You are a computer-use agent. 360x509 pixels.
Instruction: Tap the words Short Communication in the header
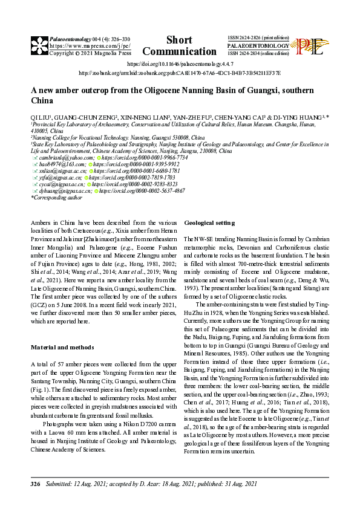(x=179, y=46)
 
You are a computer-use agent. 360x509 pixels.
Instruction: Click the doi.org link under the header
(x=179, y=63)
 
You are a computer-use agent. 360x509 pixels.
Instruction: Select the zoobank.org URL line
(x=179, y=73)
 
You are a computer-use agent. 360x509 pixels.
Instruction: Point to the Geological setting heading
(x=209, y=223)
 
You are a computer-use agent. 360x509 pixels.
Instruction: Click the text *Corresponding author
(x=56, y=197)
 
